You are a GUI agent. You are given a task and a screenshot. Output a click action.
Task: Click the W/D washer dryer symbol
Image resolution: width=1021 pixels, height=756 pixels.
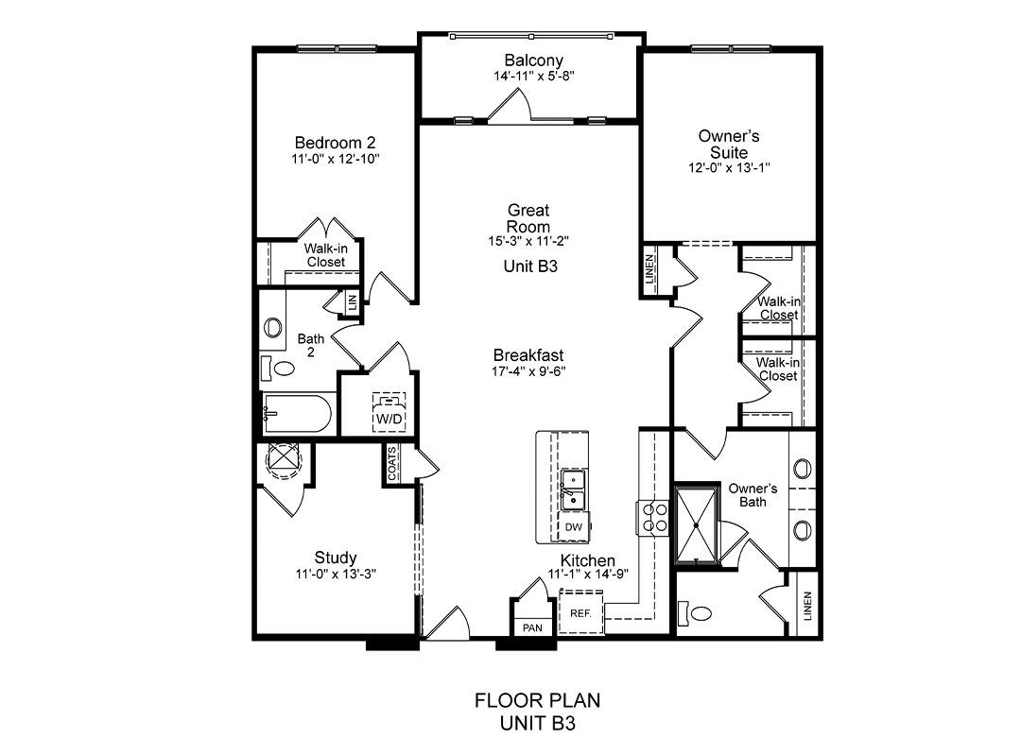coord(389,411)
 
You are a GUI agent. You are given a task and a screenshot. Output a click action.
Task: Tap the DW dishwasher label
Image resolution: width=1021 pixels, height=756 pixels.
coord(574,527)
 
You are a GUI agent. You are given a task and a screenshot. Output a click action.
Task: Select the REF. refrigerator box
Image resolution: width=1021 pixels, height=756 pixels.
coord(580,612)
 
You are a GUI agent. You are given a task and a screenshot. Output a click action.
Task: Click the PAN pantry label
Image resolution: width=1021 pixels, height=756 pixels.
coord(532,627)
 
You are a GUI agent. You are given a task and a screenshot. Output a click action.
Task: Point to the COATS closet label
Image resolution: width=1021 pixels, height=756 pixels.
coord(392,464)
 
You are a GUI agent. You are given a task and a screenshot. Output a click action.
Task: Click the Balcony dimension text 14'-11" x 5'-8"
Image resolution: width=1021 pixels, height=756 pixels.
coord(534,76)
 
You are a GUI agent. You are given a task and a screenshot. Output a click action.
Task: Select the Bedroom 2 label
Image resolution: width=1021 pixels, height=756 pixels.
coord(335,142)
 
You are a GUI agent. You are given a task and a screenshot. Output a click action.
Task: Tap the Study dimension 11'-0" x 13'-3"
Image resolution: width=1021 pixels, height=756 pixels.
coord(336,574)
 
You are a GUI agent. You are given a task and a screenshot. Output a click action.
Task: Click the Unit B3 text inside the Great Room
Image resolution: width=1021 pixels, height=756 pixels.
coord(530,266)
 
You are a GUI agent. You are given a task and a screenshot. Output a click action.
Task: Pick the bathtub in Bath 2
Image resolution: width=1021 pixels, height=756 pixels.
coord(297,413)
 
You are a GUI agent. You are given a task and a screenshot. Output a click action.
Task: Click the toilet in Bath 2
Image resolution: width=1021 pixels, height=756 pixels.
coord(278,368)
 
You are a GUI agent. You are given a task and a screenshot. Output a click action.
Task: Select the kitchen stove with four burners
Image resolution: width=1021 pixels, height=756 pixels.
coord(652,518)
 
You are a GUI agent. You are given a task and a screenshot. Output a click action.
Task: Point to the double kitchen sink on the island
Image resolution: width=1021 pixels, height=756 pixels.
coord(573,490)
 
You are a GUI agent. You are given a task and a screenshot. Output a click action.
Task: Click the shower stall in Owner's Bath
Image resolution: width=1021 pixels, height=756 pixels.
coord(696,524)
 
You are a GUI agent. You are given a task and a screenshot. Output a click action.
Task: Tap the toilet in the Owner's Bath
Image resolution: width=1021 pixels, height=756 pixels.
coord(695,612)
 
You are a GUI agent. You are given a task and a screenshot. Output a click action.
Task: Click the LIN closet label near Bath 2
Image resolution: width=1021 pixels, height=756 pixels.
coord(353,302)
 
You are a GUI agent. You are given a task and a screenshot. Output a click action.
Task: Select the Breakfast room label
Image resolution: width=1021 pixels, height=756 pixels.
coord(528,355)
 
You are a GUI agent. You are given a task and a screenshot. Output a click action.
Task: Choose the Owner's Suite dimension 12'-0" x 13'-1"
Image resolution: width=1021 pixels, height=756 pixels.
coord(729,167)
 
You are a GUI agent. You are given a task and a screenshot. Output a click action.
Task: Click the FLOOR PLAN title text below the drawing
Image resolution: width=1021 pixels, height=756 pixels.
coord(537,700)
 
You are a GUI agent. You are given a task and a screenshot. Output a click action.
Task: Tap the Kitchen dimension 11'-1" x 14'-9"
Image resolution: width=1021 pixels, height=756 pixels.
coord(588,575)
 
